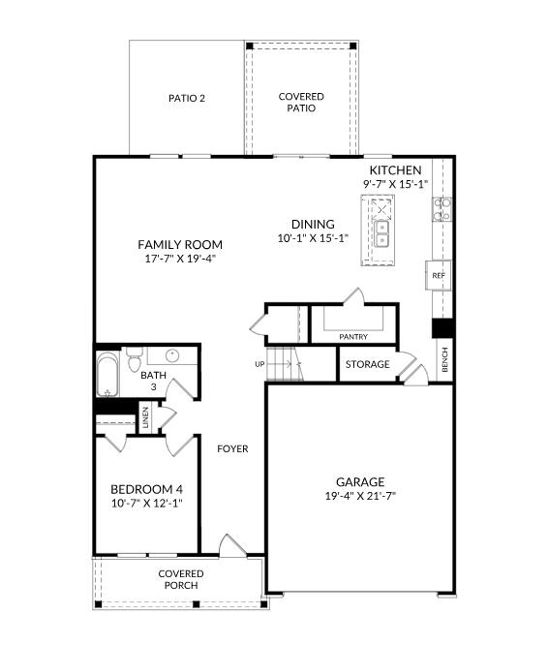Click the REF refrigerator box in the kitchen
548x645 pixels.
pos(439,275)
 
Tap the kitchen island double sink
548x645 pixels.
pos(381,233)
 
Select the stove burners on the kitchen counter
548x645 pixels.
pos(441,209)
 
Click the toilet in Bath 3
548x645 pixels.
pos(134,359)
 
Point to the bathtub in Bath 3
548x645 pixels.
pos(107,375)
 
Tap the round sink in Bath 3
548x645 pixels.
pos(172,355)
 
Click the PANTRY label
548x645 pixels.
pos(353,337)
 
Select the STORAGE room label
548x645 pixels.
pos(368,364)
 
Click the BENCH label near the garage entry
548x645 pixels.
pos(444,360)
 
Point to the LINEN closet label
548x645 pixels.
pos(145,418)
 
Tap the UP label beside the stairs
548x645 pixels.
pos(259,364)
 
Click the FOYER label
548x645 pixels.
pos(232,448)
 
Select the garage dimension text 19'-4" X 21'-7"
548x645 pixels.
pos(360,496)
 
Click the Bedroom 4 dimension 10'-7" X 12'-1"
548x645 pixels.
pos(147,503)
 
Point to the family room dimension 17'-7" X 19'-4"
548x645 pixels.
pos(180,259)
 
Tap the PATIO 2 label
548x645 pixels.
pos(187,99)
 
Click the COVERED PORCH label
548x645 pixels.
pos(181,579)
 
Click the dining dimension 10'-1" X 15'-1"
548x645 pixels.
pos(313,238)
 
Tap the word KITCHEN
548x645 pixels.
pos(395,170)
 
